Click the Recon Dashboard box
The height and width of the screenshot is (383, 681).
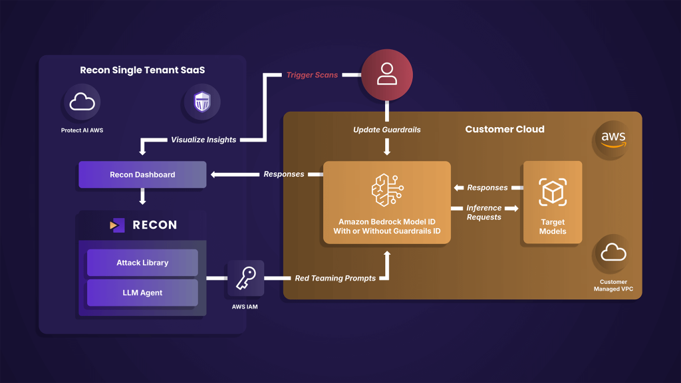pyautogui.click(x=142, y=175)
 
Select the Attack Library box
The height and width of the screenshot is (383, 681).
pyautogui.click(x=142, y=263)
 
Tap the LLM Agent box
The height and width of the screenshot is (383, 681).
pyautogui.click(x=142, y=293)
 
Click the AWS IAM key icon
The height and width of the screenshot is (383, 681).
pyautogui.click(x=245, y=278)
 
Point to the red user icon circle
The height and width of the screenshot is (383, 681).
pyautogui.click(x=386, y=75)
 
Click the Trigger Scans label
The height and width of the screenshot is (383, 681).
pyautogui.click(x=312, y=75)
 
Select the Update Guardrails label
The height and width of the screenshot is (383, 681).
pyautogui.click(x=386, y=130)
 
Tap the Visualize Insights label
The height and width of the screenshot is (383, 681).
pyautogui.click(x=204, y=140)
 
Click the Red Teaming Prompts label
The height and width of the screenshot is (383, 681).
pyautogui.click(x=335, y=278)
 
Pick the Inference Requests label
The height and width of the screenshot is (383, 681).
pyautogui.click(x=483, y=212)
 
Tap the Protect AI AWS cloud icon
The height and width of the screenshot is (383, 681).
pyautogui.click(x=82, y=102)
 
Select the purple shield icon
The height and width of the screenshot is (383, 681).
pyautogui.click(x=202, y=102)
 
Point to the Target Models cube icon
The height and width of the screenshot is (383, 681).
pyautogui.click(x=552, y=192)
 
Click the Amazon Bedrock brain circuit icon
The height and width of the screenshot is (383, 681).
pyautogui.click(x=386, y=190)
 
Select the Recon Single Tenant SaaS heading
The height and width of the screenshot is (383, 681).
pyautogui.click(x=142, y=70)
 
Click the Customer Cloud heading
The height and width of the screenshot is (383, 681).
pyautogui.click(x=504, y=129)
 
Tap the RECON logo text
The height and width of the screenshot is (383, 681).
pyautogui.click(x=154, y=225)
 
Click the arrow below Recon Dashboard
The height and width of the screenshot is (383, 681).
pyautogui.click(x=142, y=197)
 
